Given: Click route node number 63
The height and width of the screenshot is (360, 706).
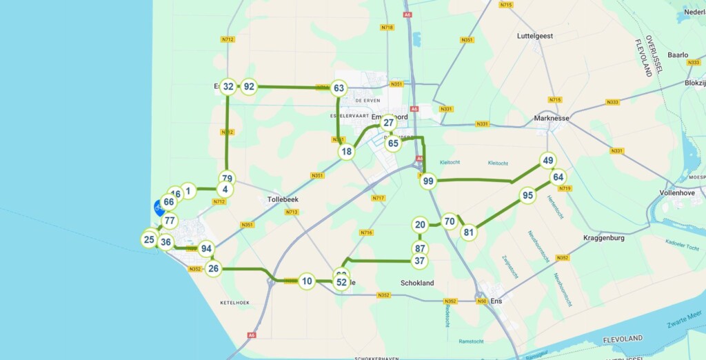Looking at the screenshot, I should pos(339,88).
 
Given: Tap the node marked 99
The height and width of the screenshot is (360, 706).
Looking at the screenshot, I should pos(428,181).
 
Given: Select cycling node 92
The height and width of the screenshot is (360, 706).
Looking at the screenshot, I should pos(250,87).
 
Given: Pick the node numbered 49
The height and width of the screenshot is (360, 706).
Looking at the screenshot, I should pos(548,161).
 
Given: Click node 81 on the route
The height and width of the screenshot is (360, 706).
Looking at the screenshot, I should pos(469,232).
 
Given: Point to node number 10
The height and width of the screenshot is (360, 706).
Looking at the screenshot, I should pos(307,281).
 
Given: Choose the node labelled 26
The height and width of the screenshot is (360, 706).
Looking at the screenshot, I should pos(214,269).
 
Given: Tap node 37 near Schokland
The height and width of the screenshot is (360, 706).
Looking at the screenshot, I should pos(419,261).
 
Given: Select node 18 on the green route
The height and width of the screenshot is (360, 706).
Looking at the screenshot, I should pos(347,152).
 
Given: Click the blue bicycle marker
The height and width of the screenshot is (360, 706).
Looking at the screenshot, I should pos(159,207).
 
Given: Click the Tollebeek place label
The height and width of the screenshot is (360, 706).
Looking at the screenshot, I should pos(282,199).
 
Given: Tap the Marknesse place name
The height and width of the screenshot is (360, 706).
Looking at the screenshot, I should pos(552,118).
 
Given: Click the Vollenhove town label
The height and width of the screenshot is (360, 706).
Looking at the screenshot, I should pos(680,193).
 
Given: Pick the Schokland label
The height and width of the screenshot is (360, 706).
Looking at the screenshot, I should pos(417,283).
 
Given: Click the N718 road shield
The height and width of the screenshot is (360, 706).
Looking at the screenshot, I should pos(387,28).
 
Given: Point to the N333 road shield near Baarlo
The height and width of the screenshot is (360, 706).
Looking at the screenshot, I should pos(694,63).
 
